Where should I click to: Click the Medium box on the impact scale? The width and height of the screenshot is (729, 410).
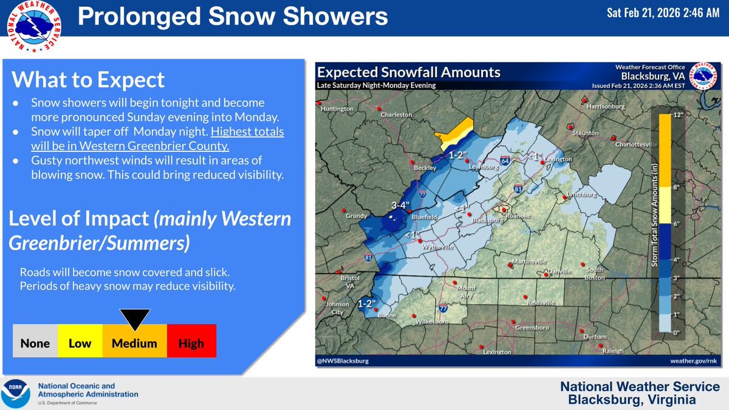[134, 343]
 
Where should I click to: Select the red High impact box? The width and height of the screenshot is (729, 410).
[191, 343]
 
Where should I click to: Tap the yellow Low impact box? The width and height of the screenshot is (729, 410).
[80, 343]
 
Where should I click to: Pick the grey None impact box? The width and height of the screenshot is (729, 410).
[35, 343]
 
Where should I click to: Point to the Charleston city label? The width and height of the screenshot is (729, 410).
[395, 115]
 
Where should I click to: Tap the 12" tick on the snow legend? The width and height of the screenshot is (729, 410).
[676, 114]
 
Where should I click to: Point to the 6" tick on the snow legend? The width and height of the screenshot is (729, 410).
[676, 223]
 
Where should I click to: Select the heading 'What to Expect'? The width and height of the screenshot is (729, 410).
[88, 80]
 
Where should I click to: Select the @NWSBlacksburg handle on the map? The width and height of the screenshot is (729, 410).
[343, 361]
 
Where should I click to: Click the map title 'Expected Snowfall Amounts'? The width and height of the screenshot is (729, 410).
[409, 72]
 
